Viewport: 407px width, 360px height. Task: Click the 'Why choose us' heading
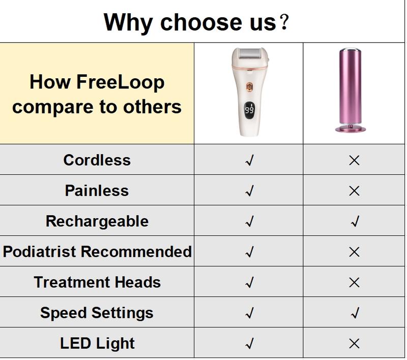click(x=196, y=23)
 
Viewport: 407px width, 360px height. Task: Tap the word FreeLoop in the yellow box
click(x=121, y=82)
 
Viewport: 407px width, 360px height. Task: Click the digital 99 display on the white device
click(x=249, y=110)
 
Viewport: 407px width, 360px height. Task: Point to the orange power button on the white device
click(x=249, y=87)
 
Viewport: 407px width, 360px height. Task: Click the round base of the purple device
click(x=351, y=129)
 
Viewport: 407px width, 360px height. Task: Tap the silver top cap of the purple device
click(x=351, y=49)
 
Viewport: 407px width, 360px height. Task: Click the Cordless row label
click(x=97, y=160)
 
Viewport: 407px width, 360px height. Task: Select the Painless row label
click(x=97, y=191)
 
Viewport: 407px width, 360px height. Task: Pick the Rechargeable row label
click(x=97, y=221)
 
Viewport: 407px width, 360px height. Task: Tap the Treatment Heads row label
click(x=97, y=282)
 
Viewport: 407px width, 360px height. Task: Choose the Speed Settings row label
click(x=97, y=313)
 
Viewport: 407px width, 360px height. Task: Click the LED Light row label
click(x=97, y=343)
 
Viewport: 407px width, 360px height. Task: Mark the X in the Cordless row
click(x=354, y=161)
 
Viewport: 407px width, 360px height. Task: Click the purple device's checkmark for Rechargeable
click(x=355, y=221)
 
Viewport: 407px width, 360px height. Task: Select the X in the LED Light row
click(x=354, y=344)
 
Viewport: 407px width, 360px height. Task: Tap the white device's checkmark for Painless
click(x=249, y=191)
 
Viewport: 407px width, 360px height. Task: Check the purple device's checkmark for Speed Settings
click(x=355, y=313)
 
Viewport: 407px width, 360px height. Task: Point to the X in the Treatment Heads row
click(x=354, y=282)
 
